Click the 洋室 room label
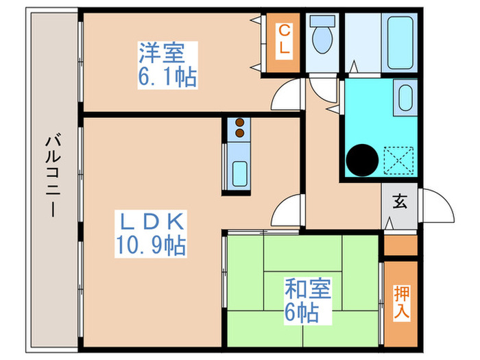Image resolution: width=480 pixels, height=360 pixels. (167, 53)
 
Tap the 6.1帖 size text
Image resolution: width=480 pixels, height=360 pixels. (167, 75)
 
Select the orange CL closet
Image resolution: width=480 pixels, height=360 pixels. (282, 43)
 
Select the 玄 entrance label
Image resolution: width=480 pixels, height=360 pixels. (399, 202)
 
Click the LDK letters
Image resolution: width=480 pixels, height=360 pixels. (151, 221)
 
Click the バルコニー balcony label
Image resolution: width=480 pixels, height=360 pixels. (52, 176)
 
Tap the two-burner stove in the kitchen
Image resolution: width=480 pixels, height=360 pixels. (239, 128)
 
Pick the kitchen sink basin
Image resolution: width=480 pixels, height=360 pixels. (239, 172)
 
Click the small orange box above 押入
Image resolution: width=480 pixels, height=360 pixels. (400, 245)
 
